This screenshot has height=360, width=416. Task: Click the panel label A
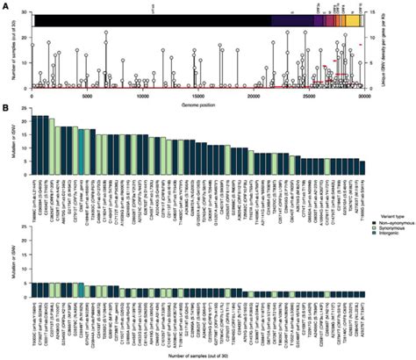(x=5, y=5)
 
